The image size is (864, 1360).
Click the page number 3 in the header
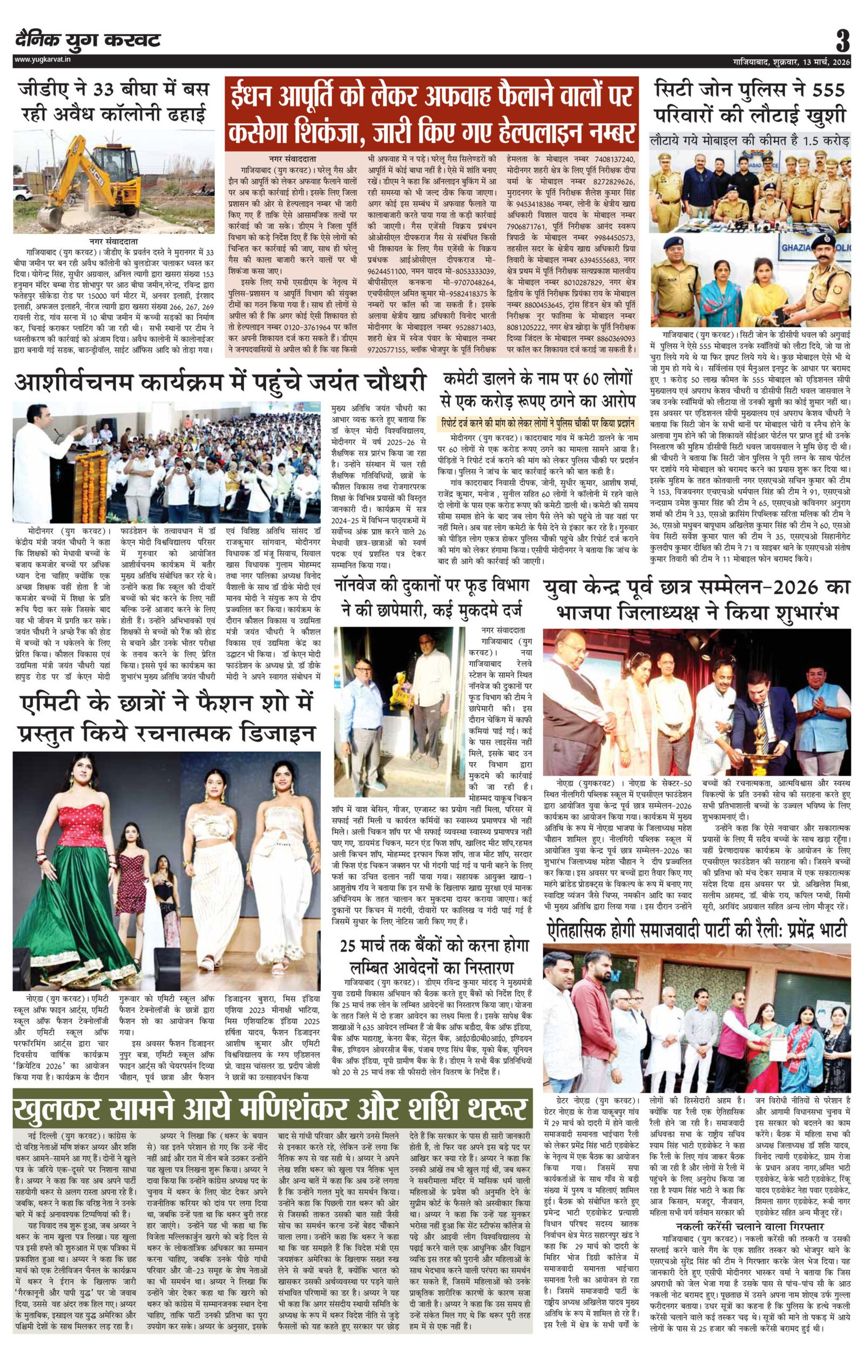coord(842,41)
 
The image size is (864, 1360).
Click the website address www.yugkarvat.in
coord(43,60)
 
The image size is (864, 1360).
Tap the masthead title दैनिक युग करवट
coord(88,40)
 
